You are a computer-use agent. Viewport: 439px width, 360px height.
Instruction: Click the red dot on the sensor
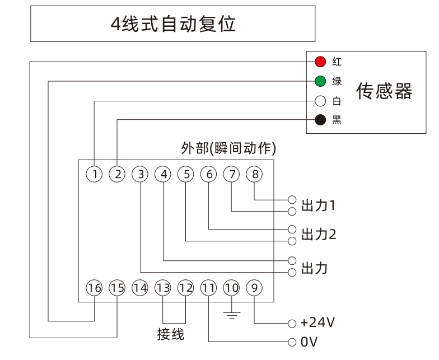(320, 61)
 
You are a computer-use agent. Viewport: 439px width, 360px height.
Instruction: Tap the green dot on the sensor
(320, 81)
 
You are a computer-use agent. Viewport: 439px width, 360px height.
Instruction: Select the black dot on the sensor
(320, 120)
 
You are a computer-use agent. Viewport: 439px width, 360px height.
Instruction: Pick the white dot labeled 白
(320, 101)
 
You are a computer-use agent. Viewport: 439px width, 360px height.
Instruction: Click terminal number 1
(95, 174)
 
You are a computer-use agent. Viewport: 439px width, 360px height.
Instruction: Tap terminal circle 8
(255, 174)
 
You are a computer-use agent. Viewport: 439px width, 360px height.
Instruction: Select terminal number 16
(95, 288)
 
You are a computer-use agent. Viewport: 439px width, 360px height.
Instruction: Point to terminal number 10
(231, 288)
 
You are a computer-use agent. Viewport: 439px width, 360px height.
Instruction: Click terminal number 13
(163, 288)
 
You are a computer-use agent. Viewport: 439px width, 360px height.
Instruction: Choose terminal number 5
(186, 174)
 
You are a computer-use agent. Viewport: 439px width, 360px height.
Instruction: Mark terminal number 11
(208, 288)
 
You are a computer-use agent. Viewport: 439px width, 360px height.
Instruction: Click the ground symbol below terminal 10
(231, 314)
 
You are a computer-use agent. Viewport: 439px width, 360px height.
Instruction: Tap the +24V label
(317, 322)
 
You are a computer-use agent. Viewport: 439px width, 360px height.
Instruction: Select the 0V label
(309, 342)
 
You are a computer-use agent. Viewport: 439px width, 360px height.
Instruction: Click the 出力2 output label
(319, 234)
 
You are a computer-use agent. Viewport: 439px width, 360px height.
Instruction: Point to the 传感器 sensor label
(384, 91)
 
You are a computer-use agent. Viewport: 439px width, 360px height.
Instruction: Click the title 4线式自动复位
(172, 24)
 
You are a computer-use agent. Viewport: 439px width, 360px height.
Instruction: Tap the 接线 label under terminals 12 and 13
(171, 334)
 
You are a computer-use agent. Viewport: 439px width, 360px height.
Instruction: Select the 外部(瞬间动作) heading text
(228, 148)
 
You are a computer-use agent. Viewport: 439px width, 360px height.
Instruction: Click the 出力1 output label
(318, 204)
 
